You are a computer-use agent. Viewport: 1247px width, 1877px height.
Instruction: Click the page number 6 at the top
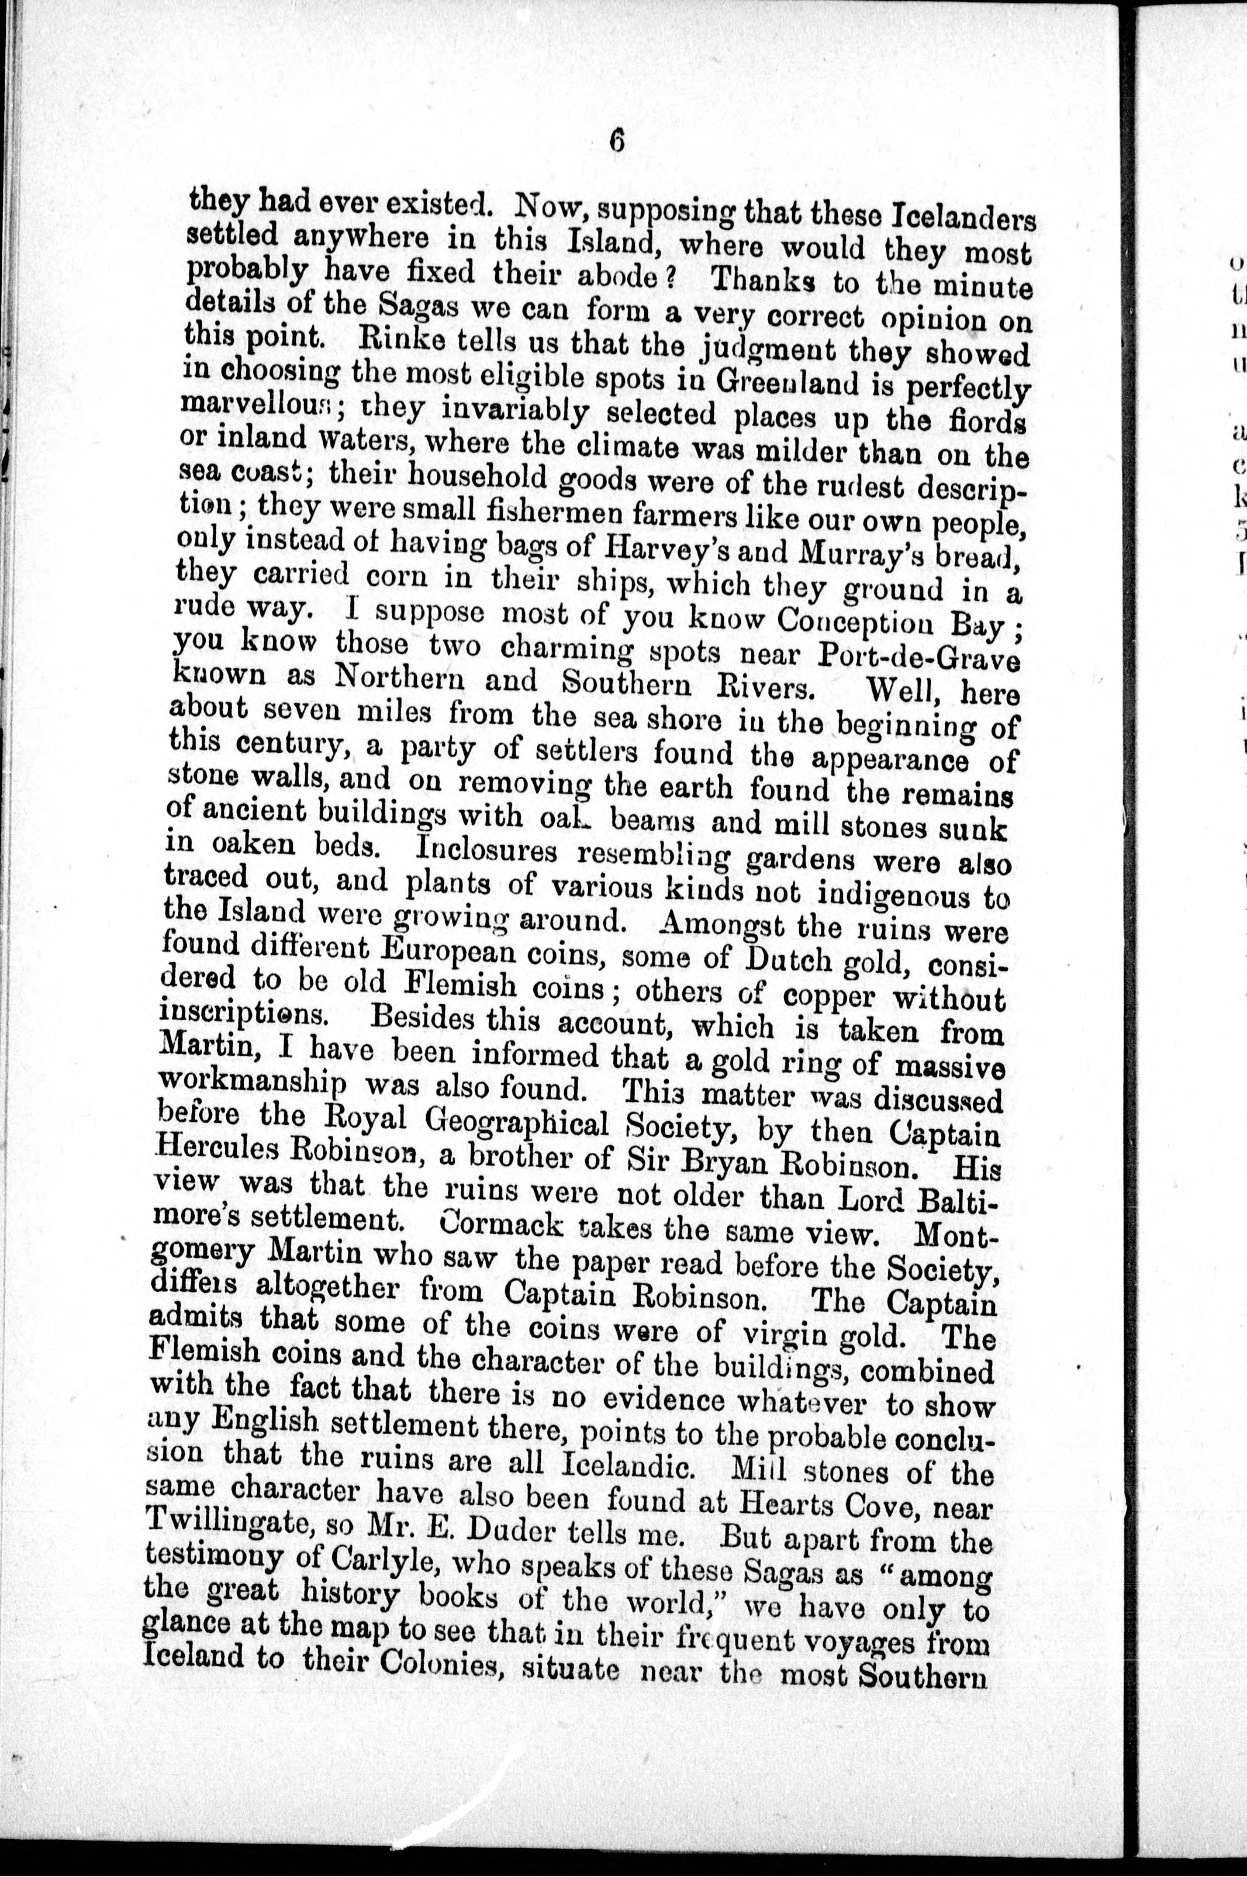(x=618, y=141)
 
